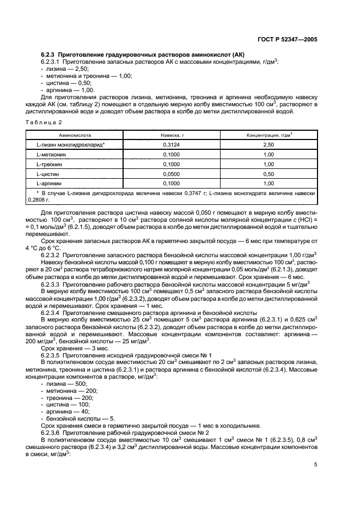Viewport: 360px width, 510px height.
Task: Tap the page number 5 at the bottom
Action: pyautogui.click(x=315, y=464)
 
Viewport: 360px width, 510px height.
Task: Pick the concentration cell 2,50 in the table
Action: pyautogui.click(x=269, y=145)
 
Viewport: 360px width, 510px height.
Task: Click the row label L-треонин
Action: pyautogui.click(x=49, y=164)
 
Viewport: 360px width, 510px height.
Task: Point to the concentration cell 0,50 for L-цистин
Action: pyautogui.click(x=269, y=174)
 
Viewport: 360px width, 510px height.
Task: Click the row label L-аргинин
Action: pyautogui.click(x=49, y=184)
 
